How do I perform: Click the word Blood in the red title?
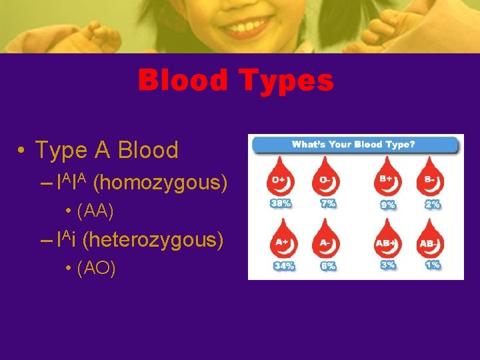pyautogui.click(x=182, y=81)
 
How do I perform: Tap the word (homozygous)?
pyautogui.click(x=161, y=182)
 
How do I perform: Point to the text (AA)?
pyautogui.click(x=96, y=211)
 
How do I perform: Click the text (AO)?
pyautogui.click(x=97, y=268)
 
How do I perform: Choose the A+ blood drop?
pyautogui.click(x=282, y=240)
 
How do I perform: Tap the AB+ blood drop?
pyautogui.click(x=387, y=240)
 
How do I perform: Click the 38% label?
pyautogui.click(x=281, y=203)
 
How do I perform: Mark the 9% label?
pyautogui.click(x=387, y=205)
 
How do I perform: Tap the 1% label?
pyautogui.click(x=432, y=265)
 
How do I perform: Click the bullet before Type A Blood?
pyautogui.click(x=22, y=151)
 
